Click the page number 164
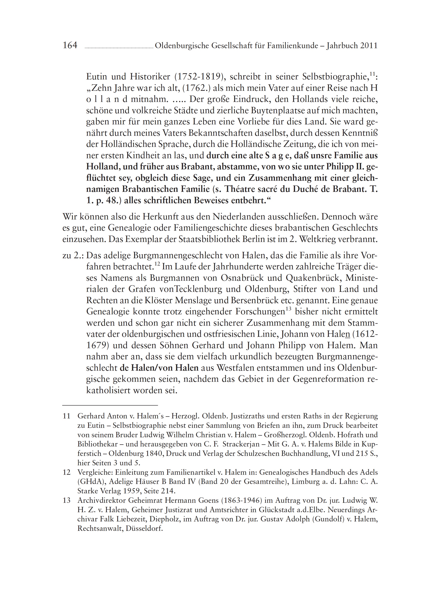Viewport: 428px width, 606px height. click(70, 45)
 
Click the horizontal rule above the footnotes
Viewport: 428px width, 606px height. click(110, 405)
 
